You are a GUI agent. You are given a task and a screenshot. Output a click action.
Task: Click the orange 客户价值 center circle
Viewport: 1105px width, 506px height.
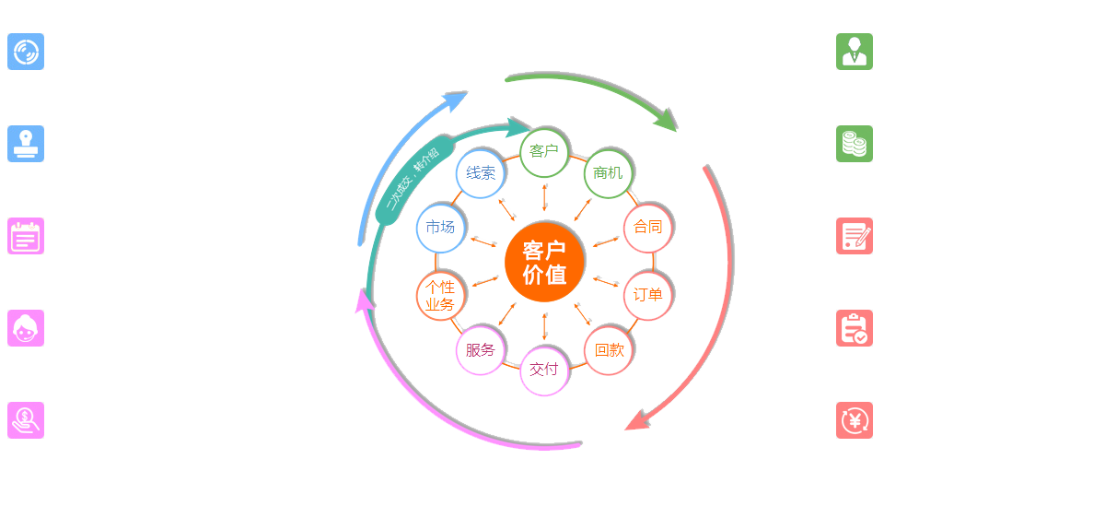(545, 262)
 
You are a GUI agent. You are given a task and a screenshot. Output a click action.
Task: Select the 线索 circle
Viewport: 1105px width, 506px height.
(480, 173)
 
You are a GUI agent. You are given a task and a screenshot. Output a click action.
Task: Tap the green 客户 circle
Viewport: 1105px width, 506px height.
(544, 151)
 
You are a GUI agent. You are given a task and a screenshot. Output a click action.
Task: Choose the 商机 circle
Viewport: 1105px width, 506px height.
(608, 172)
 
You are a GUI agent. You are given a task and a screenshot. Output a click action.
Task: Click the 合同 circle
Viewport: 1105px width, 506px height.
(647, 227)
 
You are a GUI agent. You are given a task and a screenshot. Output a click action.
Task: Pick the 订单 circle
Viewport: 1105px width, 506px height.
(647, 295)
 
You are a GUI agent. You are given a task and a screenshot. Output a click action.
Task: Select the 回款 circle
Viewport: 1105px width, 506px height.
(609, 350)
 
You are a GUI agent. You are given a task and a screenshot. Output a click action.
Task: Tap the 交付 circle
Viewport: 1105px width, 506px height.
(544, 370)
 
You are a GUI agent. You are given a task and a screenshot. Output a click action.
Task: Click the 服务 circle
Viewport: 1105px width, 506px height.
(480, 350)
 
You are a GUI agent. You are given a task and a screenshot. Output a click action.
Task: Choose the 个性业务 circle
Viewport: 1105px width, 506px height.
(440, 296)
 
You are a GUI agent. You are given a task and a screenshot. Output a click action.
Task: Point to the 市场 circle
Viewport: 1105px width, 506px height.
(440, 227)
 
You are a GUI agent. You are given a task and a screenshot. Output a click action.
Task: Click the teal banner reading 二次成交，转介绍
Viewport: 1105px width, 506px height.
(411, 183)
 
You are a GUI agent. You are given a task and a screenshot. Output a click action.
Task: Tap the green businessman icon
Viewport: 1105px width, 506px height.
(855, 52)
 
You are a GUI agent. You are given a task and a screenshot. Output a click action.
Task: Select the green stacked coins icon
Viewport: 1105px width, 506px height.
(855, 144)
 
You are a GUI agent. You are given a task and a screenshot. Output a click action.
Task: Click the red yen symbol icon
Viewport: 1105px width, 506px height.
(855, 420)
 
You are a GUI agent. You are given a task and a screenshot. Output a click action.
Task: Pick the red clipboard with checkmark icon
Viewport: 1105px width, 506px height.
(855, 328)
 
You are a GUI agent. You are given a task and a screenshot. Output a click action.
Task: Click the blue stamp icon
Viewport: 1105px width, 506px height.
(26, 144)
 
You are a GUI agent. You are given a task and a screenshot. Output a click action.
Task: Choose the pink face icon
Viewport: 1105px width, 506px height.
(26, 328)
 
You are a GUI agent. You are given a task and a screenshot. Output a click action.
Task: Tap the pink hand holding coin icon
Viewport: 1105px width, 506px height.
(26, 420)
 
